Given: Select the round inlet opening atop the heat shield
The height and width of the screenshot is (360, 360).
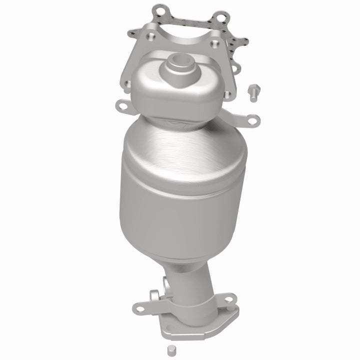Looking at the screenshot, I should click(177, 65).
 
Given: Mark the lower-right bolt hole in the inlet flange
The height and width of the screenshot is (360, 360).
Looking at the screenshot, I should click(227, 94).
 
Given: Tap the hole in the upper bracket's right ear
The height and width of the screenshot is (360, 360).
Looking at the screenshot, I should click(254, 119).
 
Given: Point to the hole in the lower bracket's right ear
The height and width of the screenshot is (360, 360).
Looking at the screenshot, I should click(228, 300).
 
